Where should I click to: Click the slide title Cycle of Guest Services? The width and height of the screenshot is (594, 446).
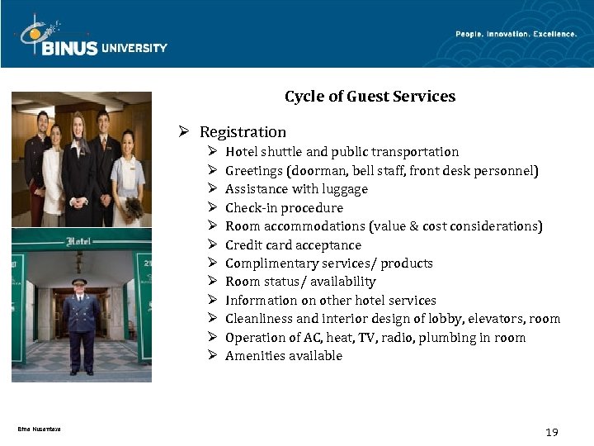point(370,97)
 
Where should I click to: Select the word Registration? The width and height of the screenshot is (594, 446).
point(243,132)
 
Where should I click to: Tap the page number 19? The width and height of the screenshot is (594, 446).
point(552,432)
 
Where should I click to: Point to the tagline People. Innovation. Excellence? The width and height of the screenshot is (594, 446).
point(516,34)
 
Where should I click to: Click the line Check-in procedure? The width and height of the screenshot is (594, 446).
point(284,208)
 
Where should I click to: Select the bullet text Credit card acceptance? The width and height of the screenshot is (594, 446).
point(293,245)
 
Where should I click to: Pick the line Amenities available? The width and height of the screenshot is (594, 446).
point(283,356)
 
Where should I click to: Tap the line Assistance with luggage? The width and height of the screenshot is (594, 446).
point(296,189)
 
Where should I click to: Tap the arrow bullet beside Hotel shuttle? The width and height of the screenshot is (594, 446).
point(212,152)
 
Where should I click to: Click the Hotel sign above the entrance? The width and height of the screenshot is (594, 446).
point(81,241)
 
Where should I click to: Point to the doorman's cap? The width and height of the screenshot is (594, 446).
point(79,282)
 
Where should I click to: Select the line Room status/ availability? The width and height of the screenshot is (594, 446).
point(300,282)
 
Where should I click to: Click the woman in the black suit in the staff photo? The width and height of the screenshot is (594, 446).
point(78,165)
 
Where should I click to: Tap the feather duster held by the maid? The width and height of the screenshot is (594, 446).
point(133,206)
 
